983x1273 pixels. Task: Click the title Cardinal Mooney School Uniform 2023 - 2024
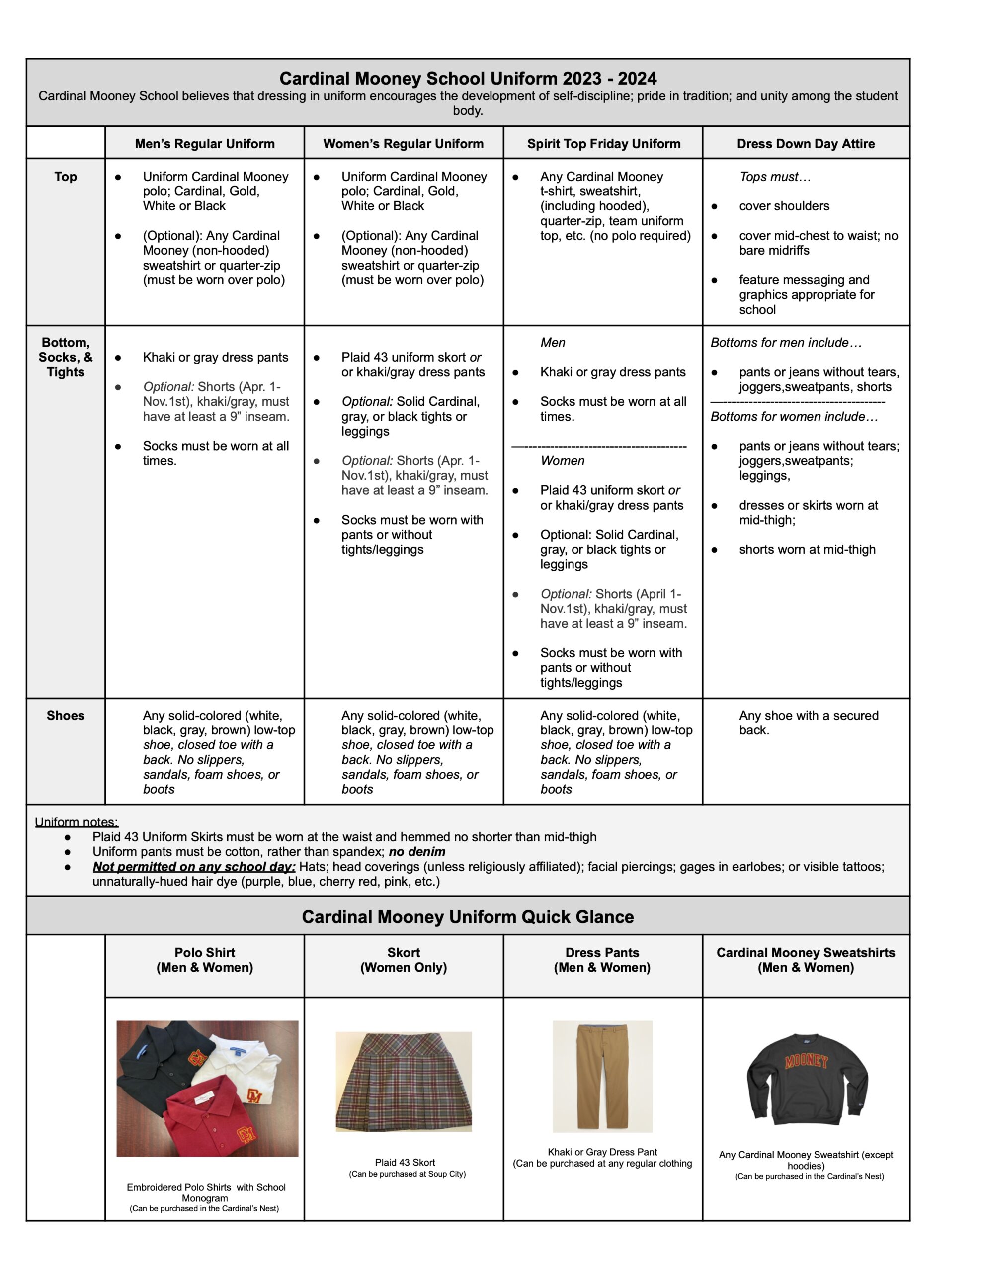coord(468,78)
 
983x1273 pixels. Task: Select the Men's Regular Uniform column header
coord(205,143)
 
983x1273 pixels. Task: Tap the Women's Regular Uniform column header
coord(403,143)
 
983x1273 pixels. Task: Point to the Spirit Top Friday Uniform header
coord(604,143)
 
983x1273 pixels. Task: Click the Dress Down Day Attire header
coord(806,143)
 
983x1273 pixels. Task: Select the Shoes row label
coord(65,715)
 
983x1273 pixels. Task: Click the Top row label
coord(65,177)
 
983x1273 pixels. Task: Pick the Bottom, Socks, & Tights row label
coord(65,357)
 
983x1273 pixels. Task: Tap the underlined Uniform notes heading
coord(77,822)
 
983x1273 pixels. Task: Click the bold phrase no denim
coord(417,852)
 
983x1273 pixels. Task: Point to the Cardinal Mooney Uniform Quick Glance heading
coord(468,917)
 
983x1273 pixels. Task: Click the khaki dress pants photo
coord(602,1076)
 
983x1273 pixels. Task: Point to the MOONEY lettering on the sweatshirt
coord(807,1061)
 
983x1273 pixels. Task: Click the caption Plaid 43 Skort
coord(405,1162)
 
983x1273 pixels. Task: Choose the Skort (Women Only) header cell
coord(403,960)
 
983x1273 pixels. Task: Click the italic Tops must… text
coord(775,177)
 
